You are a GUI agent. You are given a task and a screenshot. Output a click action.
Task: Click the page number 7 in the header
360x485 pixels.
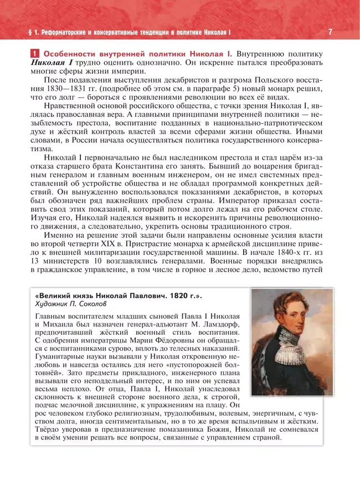pos(330,32)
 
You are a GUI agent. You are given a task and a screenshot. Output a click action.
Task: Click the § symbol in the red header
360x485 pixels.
pos(21,32)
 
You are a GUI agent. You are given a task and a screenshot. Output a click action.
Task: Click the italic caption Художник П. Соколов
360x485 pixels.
pos(65,304)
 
